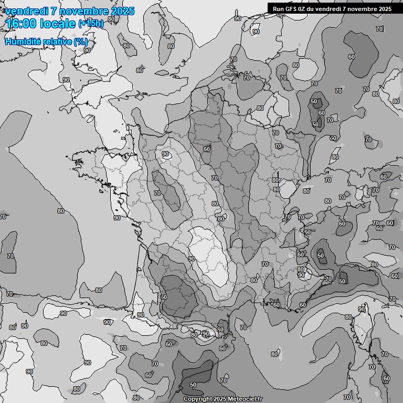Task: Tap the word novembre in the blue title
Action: pyautogui.click(x=81, y=11)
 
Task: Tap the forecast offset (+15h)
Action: pyautogui.click(x=91, y=24)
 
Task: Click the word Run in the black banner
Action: pyautogui.click(x=278, y=8)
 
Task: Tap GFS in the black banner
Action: pyautogui.click(x=290, y=8)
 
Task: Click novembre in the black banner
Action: pyautogui.click(x=363, y=8)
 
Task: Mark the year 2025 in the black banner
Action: pyautogui.click(x=385, y=8)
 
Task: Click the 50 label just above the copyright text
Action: pyautogui.click(x=193, y=385)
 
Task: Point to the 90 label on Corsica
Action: pyautogui.click(x=362, y=309)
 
